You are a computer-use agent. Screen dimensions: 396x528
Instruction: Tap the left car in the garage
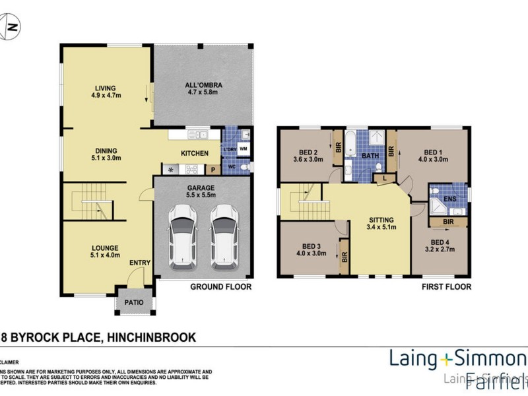(182, 235)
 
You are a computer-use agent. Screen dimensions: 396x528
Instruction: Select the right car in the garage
(224, 235)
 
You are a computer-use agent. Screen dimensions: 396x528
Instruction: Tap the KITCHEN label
(195, 153)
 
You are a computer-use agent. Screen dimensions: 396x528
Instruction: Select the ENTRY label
(140, 263)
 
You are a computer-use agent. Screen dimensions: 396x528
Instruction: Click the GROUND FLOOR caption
(221, 287)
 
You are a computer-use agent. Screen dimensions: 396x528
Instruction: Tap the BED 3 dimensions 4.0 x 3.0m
(312, 253)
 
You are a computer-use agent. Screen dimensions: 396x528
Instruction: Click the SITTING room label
(381, 220)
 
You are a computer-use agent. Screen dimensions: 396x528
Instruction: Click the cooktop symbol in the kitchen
(172, 169)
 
